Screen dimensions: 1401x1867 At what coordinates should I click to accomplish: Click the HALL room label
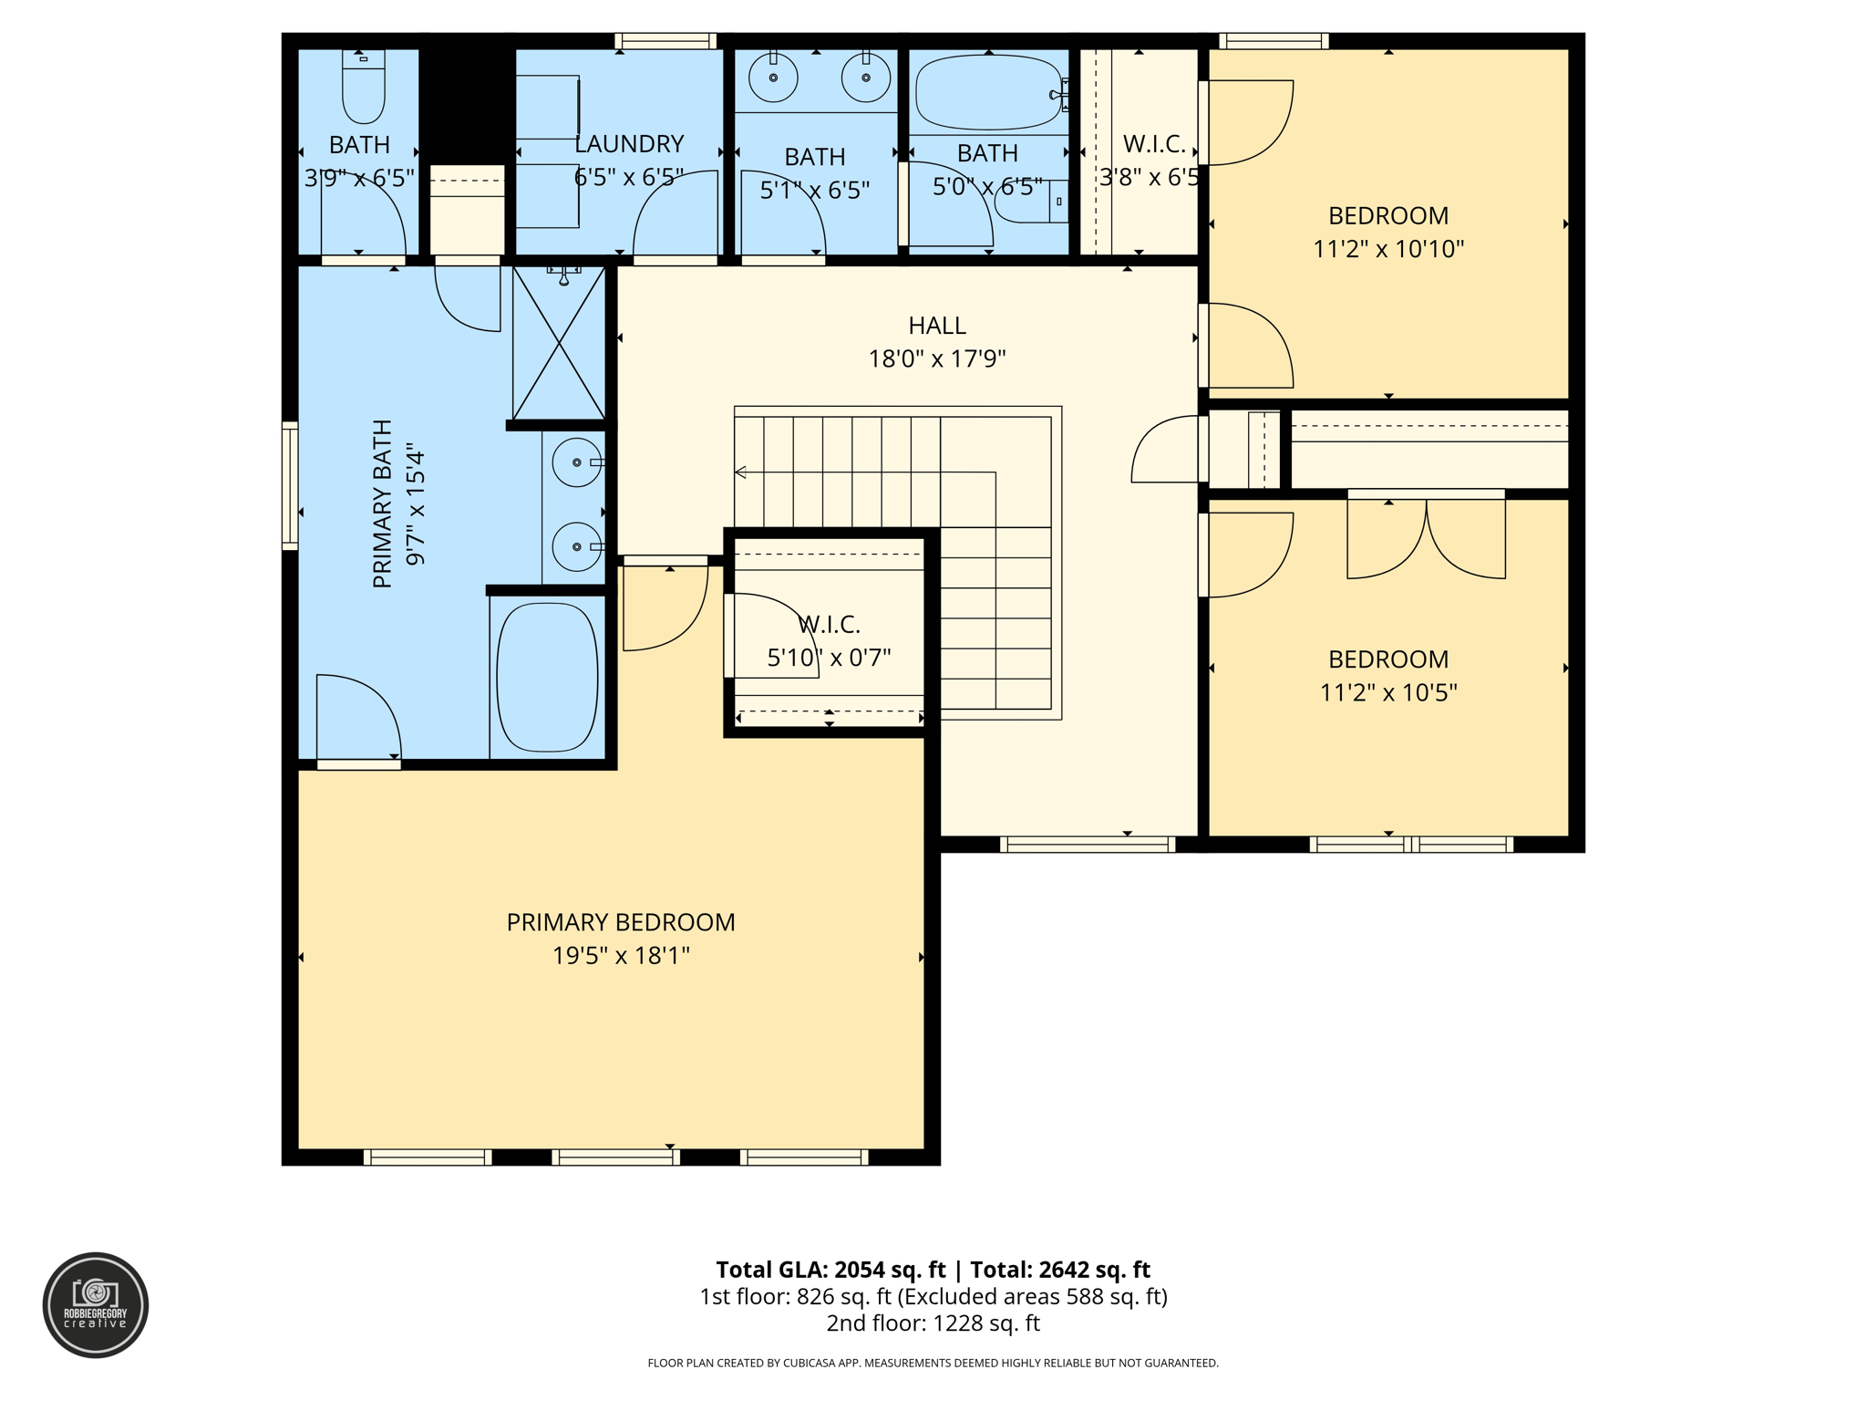936,326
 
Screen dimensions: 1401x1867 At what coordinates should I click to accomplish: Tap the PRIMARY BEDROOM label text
620,922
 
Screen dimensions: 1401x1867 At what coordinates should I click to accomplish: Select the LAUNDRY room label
629,144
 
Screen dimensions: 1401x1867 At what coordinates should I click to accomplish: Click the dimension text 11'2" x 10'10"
1387,249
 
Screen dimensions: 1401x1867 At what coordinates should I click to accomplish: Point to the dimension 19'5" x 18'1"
620,956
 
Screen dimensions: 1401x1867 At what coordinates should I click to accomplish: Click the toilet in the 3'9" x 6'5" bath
363,88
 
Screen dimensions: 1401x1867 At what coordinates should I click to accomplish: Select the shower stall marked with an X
559,344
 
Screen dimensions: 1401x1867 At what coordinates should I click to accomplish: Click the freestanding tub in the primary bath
547,677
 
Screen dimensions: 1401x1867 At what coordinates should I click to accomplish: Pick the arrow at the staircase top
741,472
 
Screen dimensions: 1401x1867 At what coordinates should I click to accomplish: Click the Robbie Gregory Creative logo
96,1304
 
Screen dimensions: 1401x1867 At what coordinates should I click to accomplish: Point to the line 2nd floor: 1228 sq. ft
933,1323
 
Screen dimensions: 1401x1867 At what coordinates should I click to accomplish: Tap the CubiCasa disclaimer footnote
933,1363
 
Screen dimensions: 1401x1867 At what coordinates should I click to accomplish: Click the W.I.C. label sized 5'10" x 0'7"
828,625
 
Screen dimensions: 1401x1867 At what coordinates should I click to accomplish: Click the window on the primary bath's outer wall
290,486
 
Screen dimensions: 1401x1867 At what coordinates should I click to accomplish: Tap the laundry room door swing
675,214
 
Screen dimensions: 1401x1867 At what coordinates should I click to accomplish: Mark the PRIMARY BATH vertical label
383,503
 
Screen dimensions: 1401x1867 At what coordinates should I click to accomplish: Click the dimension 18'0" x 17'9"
936,359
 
